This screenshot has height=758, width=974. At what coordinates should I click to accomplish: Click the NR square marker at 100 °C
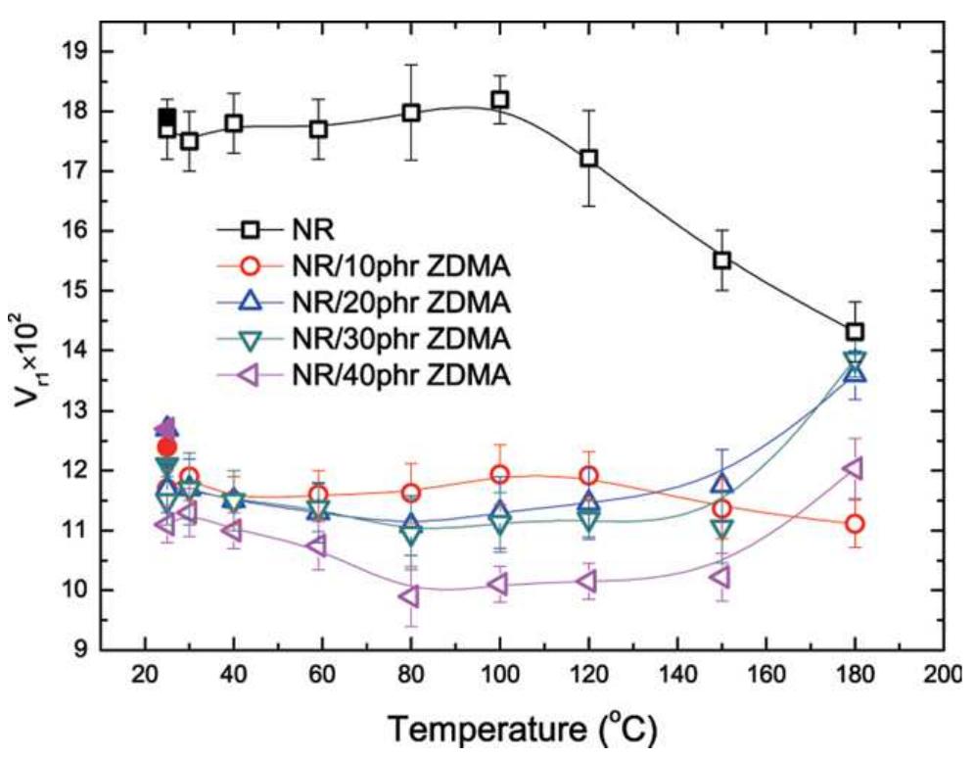[500, 99]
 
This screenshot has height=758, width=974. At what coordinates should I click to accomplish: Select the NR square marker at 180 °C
[855, 332]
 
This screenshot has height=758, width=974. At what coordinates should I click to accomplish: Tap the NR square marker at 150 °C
[722, 261]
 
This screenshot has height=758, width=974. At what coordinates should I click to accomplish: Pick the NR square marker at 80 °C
[411, 113]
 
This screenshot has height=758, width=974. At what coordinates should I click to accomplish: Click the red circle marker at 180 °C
[855, 524]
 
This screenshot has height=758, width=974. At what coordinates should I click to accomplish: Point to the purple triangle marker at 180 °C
[854, 468]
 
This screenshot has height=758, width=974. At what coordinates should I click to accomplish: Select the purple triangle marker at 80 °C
[410, 595]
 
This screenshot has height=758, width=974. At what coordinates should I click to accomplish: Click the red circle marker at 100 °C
[500, 475]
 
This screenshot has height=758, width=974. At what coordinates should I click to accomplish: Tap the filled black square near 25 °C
[166, 117]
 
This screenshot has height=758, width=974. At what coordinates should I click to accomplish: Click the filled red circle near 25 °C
[166, 448]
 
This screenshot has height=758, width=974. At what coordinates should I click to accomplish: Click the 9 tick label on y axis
[82, 649]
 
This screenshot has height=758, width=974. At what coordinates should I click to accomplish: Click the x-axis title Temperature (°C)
[523, 731]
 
